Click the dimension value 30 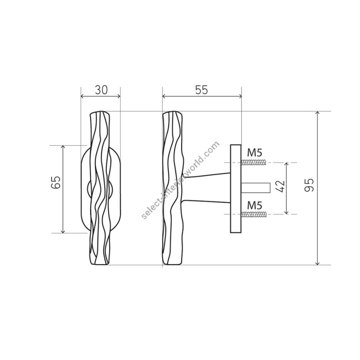[101, 90]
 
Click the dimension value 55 [202, 90]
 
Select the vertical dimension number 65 [56, 182]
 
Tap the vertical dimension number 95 [309, 185]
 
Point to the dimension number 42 [280, 186]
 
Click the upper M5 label [255, 153]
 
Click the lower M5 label [255, 206]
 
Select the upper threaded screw [254, 163]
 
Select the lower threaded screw [254, 214]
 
